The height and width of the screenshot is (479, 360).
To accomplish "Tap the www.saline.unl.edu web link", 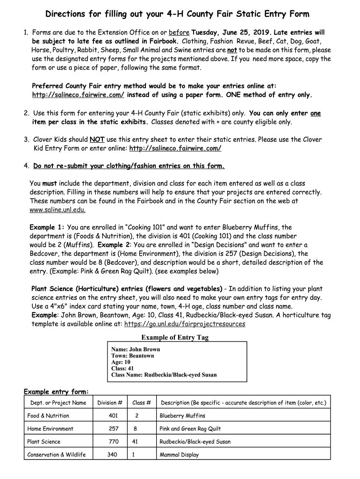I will pyautogui.click(x=58, y=210).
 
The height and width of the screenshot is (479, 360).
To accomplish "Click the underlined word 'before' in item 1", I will pyautogui.click(x=179, y=32).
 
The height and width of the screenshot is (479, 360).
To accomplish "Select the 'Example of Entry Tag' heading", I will pyautogui.click(x=175, y=337).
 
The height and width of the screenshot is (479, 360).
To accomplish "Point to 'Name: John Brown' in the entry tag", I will pyautogui.click(x=136, y=349).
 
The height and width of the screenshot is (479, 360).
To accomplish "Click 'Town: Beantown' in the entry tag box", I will pyautogui.click(x=133, y=356).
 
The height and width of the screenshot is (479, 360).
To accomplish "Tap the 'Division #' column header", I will pyautogui.click(x=110, y=403).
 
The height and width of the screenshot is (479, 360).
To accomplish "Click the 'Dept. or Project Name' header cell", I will pyautogui.click(x=58, y=403).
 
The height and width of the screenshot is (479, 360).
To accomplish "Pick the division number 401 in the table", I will pyautogui.click(x=113, y=416).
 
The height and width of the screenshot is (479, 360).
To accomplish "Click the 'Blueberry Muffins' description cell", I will pyautogui.click(x=182, y=416).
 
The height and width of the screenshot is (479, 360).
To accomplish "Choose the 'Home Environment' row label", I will pyautogui.click(x=50, y=429).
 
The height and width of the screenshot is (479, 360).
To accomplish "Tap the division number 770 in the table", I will pyautogui.click(x=113, y=442).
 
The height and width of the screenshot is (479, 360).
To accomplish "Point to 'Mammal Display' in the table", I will pyautogui.click(x=179, y=455).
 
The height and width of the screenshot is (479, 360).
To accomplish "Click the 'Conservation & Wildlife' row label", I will pyautogui.click(x=57, y=455).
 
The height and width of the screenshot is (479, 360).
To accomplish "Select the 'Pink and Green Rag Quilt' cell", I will pyautogui.click(x=190, y=429).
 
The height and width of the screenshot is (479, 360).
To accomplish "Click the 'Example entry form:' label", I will pyautogui.click(x=56, y=392).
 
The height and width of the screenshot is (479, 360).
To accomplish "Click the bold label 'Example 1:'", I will pyautogui.click(x=47, y=227).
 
